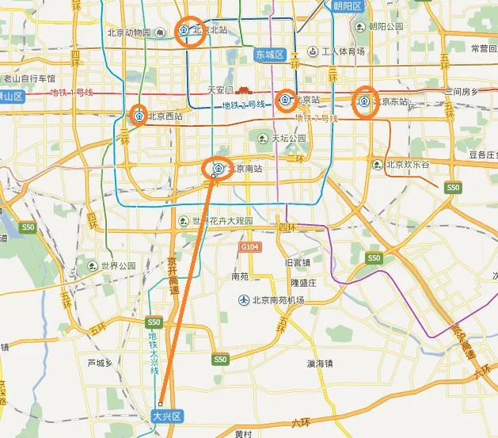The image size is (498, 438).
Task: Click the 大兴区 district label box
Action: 167,415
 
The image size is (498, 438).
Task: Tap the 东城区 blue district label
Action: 269,55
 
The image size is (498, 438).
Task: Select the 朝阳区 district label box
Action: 347,6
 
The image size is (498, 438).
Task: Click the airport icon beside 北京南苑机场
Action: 244,300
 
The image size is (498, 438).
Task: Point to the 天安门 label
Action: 222,90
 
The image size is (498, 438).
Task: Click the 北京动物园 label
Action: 129,32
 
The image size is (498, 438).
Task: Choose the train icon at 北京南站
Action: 218,168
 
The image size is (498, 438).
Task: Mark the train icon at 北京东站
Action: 364,101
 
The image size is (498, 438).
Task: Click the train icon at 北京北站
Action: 184,31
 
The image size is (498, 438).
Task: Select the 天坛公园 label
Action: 288,139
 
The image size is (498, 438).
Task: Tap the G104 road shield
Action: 250,248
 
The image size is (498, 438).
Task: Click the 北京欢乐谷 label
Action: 407,165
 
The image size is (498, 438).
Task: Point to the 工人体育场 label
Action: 342,51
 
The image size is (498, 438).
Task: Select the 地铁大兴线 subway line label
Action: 154,353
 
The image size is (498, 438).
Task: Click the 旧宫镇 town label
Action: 297,262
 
